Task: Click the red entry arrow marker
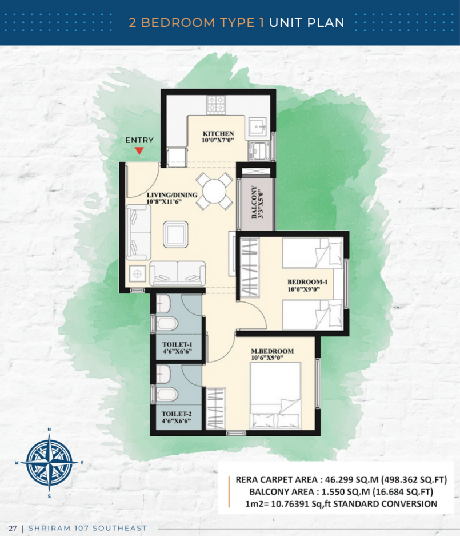point(139,150)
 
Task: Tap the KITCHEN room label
point(218,134)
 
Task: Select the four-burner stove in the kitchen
point(216,104)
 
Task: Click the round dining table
point(214,191)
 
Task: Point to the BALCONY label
point(254,202)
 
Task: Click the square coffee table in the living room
point(175,235)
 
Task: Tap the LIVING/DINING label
point(172,195)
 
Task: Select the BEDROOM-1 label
point(307,282)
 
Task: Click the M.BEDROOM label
point(272,351)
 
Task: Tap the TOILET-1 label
point(177,344)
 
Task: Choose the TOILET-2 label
point(177,414)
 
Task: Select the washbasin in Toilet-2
point(163,374)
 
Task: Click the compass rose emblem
point(50,463)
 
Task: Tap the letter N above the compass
point(49,430)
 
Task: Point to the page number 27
point(13,528)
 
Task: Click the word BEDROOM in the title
point(178,22)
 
